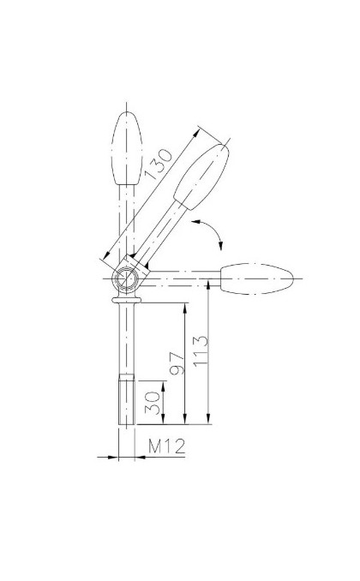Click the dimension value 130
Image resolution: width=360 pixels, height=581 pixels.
pyautogui.click(x=158, y=164)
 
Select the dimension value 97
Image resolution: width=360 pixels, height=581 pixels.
pyautogui.click(x=177, y=363)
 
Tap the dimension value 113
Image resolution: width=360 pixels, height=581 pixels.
pyautogui.click(x=201, y=351)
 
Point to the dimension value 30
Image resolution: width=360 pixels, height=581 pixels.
pyautogui.click(x=153, y=403)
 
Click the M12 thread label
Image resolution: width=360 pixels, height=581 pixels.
pyautogui.click(x=166, y=446)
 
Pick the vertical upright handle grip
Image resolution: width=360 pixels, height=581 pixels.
pyautogui.click(x=127, y=148)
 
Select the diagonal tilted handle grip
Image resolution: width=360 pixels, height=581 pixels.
pyautogui.click(x=201, y=177)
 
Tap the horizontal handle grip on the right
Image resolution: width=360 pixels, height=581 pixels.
pyautogui.click(x=257, y=279)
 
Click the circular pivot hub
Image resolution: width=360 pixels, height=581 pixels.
pyautogui.click(x=126, y=278)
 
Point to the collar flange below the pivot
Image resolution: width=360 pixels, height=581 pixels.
pyautogui.click(x=126, y=300)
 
